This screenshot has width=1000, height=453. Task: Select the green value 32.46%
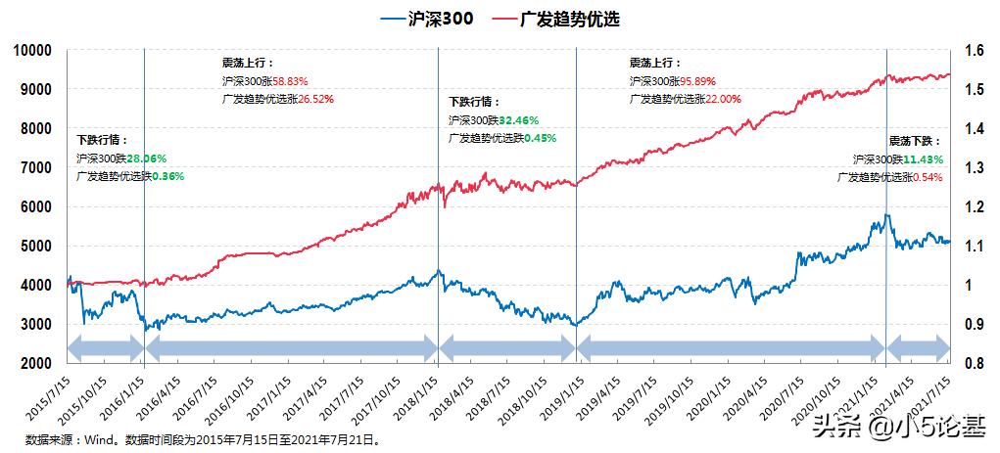[519, 120]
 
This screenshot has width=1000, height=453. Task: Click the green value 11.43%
[922, 159]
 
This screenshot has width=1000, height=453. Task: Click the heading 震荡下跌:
[915, 141]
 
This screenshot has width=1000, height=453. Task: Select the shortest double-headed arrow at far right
[918, 346]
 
